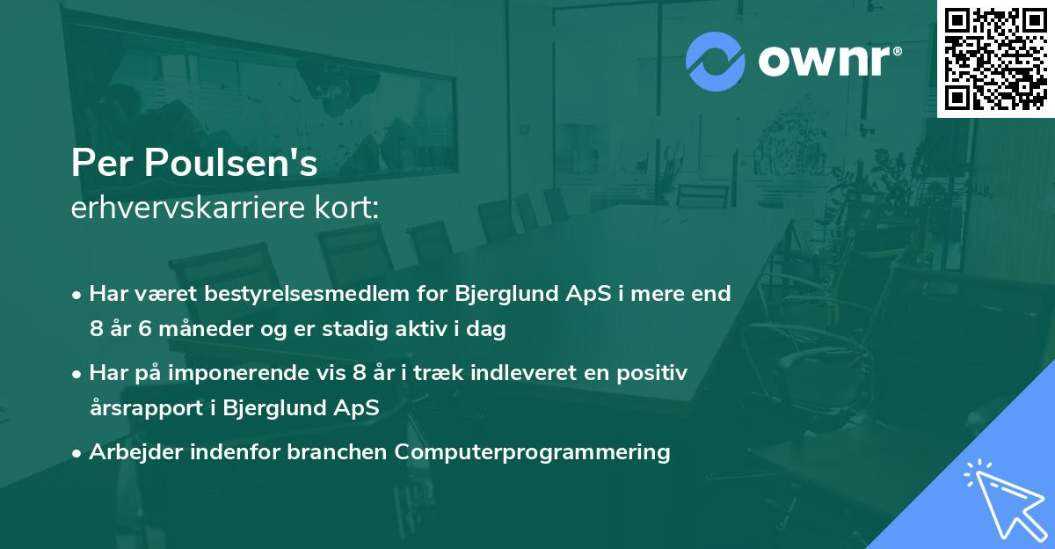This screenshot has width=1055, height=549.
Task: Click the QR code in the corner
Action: [996, 58]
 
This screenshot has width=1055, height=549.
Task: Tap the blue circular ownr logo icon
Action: [716, 61]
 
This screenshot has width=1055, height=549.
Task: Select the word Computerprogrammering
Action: [533, 452]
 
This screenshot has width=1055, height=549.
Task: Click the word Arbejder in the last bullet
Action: [127, 452]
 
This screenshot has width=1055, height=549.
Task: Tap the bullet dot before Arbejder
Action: [78, 453]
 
